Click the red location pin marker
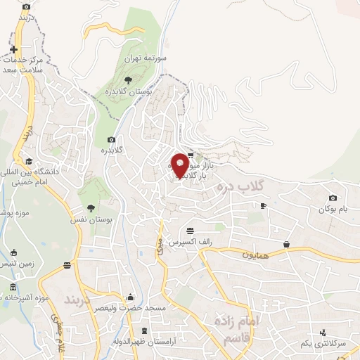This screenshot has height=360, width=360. pos(180,166)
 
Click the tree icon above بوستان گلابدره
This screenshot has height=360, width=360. pos(127,81)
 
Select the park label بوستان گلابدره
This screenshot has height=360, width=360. pos(127,92)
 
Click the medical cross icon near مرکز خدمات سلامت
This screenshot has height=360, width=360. pos(13,49)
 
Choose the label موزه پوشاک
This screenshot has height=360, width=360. pos(10,211)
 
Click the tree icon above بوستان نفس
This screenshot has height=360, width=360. pos(91,207)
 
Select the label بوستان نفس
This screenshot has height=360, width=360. pos(91,219)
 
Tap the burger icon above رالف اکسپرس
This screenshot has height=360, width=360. pos(190,231)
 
